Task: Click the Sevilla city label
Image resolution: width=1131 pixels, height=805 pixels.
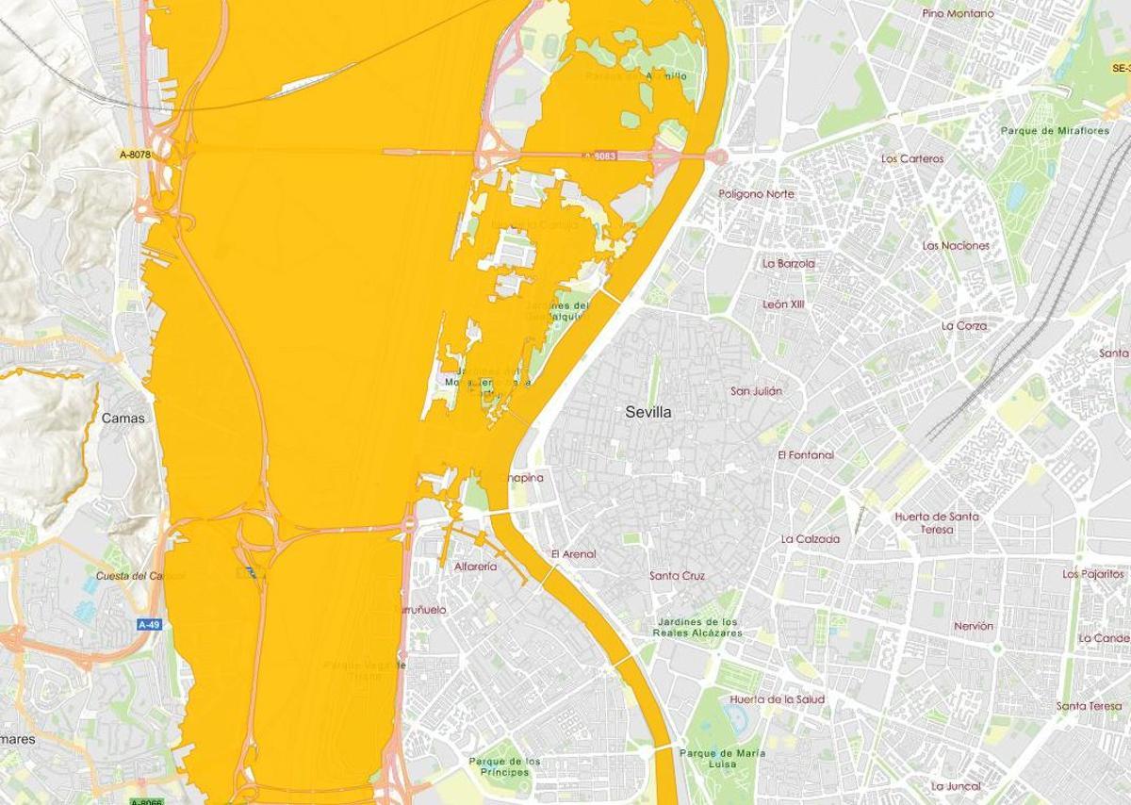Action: click(648, 412)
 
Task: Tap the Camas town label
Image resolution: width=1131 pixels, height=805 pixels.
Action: click(123, 418)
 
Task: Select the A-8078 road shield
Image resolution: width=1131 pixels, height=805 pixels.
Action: click(136, 154)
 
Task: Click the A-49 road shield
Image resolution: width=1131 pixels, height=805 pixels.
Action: click(149, 624)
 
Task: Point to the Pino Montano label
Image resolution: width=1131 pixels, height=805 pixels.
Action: click(958, 13)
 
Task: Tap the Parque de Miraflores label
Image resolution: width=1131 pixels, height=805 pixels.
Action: click(1055, 131)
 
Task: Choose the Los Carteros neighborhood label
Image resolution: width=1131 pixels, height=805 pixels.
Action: click(911, 158)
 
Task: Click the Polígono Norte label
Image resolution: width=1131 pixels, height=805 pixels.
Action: click(756, 193)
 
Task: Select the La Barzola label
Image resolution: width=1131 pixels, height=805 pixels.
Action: click(789, 264)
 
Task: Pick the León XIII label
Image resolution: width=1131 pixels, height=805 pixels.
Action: click(783, 304)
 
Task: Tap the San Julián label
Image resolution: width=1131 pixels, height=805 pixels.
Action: click(756, 390)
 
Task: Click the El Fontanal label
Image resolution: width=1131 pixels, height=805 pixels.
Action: click(805, 454)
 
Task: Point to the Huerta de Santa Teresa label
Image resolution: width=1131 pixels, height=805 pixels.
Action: click(936, 522)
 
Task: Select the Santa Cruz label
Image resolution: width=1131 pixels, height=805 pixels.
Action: click(677, 575)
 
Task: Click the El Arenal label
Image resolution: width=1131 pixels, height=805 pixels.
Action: click(573, 554)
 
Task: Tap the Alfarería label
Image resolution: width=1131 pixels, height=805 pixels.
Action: click(475, 567)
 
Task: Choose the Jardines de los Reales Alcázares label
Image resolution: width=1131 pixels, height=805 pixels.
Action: click(697, 627)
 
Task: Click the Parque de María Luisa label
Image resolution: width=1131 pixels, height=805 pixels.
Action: click(722, 759)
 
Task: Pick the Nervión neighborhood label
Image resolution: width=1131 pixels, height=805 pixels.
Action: click(973, 626)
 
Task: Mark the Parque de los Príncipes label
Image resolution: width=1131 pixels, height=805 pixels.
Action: click(504, 766)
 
